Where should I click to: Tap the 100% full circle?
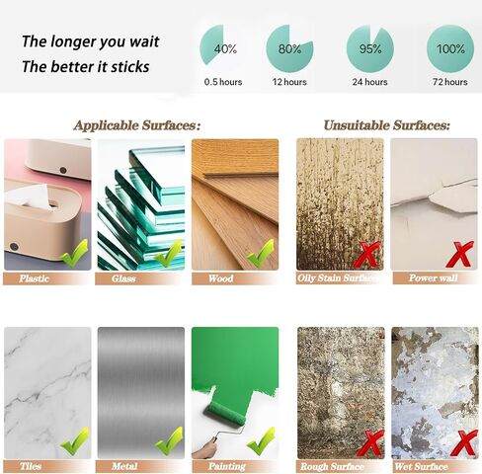pos(450,48)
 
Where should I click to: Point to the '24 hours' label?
pos(369,82)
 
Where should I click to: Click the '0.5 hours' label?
pos(223,82)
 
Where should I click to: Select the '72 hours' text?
pos(450,82)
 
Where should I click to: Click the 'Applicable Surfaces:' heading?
pos(137,125)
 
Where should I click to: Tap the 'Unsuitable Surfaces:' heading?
pos(386,125)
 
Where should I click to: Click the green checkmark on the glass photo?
pos(169,253)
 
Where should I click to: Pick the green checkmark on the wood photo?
pos(261,253)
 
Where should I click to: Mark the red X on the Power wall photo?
pos(460,254)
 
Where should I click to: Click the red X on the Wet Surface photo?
pos(463,442)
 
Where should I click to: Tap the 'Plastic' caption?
pos(34,278)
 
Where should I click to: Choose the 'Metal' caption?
pos(124,466)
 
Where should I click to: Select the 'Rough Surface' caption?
pos(332,466)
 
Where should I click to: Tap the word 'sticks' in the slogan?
pos(130,67)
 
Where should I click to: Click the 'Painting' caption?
pos(227,466)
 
